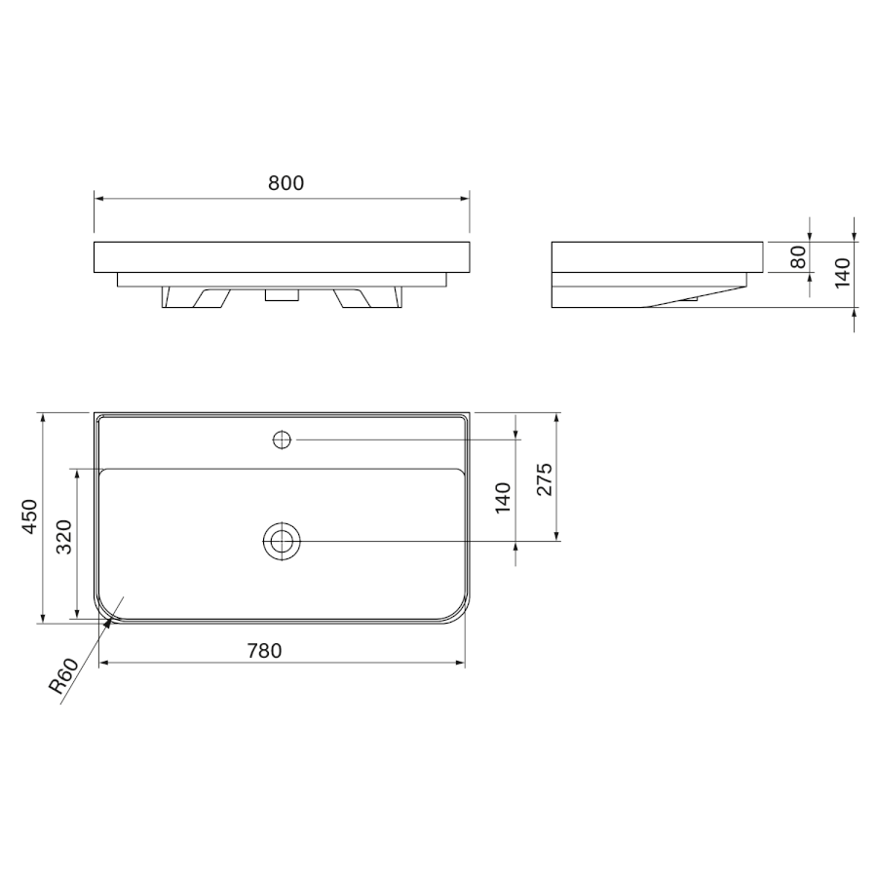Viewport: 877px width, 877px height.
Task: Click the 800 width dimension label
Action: tap(286, 183)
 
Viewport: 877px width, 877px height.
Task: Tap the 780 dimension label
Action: tap(264, 651)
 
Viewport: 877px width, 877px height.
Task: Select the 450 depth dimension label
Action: tap(29, 516)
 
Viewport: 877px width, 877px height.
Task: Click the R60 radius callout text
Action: tap(63, 676)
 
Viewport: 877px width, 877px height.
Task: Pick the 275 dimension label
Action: tap(544, 479)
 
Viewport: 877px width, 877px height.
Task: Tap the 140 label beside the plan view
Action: tap(503, 498)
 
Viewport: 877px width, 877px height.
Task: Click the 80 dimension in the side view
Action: tap(800, 256)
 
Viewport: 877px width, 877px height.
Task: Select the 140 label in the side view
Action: tap(842, 274)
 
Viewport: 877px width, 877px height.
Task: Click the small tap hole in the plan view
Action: tap(282, 439)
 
